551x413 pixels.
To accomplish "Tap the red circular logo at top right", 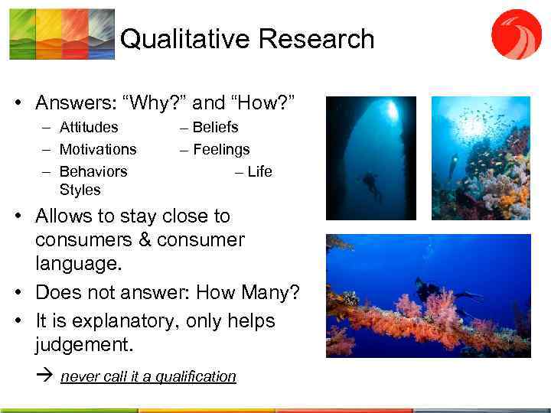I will tap(517, 34).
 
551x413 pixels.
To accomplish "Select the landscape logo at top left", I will tap(62, 34).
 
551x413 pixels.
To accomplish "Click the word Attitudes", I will tap(89, 127).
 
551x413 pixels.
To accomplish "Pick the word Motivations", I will tap(98, 149).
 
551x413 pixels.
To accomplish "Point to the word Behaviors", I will tap(93, 171).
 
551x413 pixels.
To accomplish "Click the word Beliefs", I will tap(215, 127).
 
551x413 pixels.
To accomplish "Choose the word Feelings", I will tap(221, 149).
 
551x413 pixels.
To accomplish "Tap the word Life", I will tap(259, 171).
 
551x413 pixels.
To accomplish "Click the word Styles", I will tap(80, 189).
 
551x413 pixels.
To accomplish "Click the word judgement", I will tap(84, 344).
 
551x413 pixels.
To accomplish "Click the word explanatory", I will tap(126, 320).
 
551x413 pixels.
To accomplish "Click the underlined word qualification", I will tap(195, 376).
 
